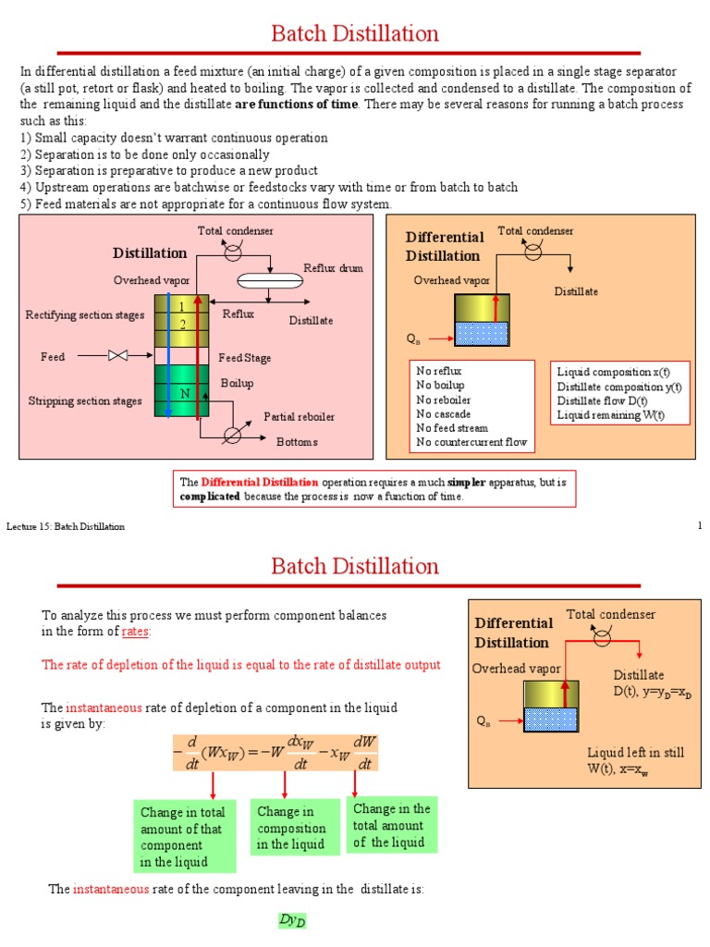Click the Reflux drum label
point(333,268)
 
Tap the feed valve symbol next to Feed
point(117,356)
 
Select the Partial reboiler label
point(299,417)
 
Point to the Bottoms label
point(297,442)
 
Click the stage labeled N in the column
point(185,394)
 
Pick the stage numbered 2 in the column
point(182,325)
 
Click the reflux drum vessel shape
point(270,281)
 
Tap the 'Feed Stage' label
point(244,358)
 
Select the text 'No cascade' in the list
point(443,414)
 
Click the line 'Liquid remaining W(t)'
point(610,415)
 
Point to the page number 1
point(700,525)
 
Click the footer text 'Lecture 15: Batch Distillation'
point(66,526)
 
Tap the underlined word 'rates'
point(135,632)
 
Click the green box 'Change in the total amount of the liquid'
point(391,825)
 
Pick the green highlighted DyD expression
point(292,920)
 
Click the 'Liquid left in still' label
point(636,753)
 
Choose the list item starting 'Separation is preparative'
point(169,171)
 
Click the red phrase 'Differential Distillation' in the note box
point(260,482)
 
